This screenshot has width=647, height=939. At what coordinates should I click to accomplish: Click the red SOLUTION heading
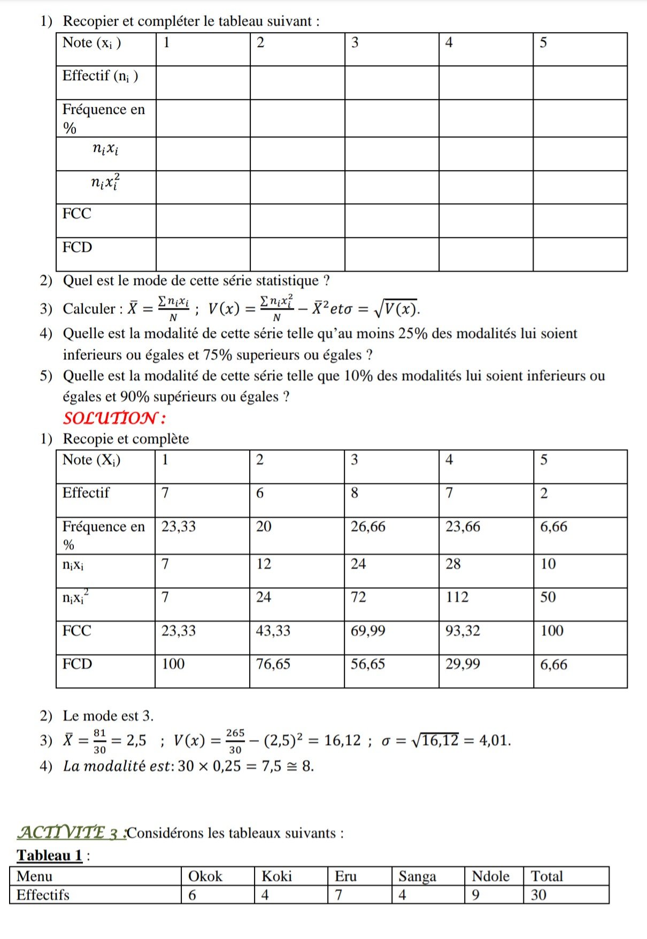click(x=114, y=418)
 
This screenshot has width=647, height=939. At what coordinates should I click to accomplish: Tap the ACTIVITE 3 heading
click(x=72, y=833)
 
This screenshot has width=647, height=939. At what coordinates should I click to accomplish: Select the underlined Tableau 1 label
click(x=49, y=855)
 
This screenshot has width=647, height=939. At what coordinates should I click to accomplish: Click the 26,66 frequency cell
click(x=368, y=527)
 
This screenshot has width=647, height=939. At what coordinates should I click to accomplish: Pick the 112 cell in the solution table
click(x=457, y=597)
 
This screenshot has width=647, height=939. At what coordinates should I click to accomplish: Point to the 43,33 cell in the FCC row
click(x=273, y=631)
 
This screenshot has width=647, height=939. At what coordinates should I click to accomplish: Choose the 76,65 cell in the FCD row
click(x=273, y=664)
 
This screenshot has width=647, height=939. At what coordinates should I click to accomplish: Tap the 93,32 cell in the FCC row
click(x=463, y=631)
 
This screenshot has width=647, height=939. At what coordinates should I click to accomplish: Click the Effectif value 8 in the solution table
click(x=355, y=493)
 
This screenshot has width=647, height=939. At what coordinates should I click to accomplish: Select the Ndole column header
click(x=490, y=876)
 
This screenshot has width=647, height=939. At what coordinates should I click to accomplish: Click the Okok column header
click(x=205, y=876)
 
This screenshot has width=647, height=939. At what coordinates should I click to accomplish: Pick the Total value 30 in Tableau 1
click(x=538, y=895)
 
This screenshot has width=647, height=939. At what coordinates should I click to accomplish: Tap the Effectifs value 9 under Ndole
click(x=476, y=895)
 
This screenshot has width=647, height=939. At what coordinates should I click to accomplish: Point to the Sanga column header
click(x=417, y=876)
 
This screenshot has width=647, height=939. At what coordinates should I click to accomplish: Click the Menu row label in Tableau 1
click(x=34, y=876)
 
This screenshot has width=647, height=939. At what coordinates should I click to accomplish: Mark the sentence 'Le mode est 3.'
click(x=108, y=715)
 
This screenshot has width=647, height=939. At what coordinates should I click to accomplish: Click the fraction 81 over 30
click(x=99, y=741)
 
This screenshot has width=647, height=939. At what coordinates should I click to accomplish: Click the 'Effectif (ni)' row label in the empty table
click(x=100, y=76)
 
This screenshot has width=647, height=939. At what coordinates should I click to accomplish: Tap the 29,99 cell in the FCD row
click(x=463, y=664)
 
